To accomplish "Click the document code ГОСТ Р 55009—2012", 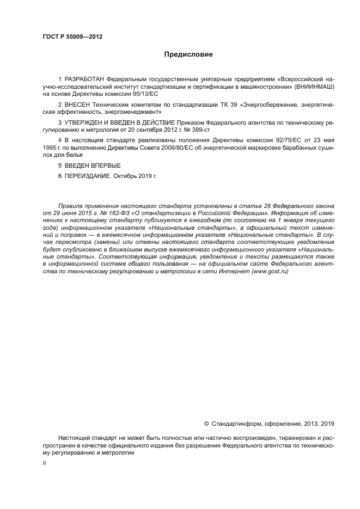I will pos(72,37).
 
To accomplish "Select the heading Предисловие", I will pos(188,54).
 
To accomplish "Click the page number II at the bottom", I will pos(45,463).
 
